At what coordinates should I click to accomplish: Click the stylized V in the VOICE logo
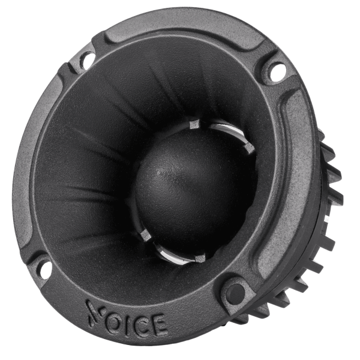95,311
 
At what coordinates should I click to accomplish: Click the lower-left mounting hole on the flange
44,269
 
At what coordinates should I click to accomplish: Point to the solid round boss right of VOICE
235,295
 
